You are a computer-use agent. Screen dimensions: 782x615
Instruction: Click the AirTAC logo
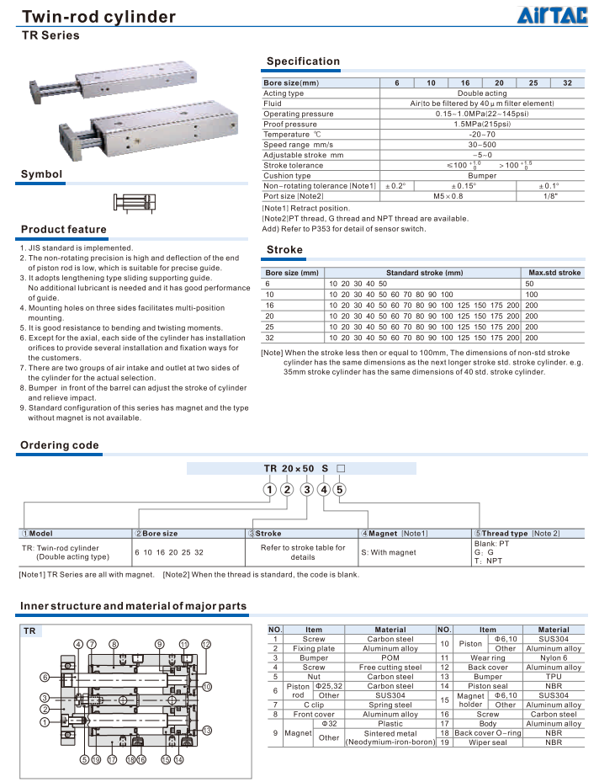[x=551, y=15]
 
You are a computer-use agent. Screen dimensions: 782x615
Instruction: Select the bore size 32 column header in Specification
[x=567, y=83]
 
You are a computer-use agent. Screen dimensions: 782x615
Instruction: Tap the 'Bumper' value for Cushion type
[x=482, y=176]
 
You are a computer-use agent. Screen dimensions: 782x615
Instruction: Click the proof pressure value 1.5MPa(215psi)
[x=482, y=124]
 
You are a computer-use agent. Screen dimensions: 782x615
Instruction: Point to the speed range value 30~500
[x=482, y=145]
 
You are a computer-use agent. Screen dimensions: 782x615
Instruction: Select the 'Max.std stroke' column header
[x=554, y=273]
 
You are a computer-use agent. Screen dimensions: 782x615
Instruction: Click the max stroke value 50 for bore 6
[x=530, y=284]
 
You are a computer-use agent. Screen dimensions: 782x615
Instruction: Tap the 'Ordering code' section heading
[x=59, y=445]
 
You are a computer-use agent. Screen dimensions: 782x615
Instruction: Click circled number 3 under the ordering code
[x=307, y=489]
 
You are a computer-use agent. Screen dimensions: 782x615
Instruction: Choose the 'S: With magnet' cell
[x=389, y=553]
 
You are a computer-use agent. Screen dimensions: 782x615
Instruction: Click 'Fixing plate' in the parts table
[x=314, y=648]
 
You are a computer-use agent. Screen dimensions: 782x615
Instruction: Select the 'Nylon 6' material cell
[x=554, y=658]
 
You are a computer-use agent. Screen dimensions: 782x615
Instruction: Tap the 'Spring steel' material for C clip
[x=390, y=705]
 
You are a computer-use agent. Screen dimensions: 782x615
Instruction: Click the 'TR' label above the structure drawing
[x=29, y=630]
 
